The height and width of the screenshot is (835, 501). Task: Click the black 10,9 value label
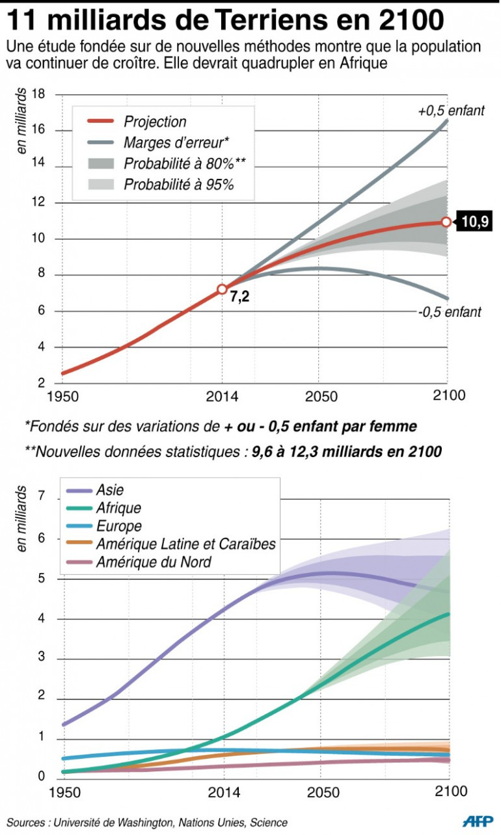tap(474, 222)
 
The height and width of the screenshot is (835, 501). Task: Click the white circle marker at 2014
tap(222, 289)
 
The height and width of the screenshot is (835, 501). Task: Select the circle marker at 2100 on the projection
tap(446, 222)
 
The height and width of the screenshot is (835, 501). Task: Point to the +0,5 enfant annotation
tap(451, 111)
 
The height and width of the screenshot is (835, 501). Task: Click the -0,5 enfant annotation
tap(450, 312)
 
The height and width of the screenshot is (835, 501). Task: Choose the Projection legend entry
tap(154, 122)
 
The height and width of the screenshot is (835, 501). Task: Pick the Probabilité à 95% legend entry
tap(178, 185)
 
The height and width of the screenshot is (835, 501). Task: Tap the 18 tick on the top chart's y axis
tap(38, 95)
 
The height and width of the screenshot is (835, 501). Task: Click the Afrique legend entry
tap(118, 509)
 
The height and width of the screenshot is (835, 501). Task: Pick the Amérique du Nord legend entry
tap(154, 562)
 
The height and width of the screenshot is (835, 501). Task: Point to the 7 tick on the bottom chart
tap(42, 497)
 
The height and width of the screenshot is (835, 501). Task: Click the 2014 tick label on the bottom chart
tap(223, 792)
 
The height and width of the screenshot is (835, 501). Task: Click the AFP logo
tap(478, 821)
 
